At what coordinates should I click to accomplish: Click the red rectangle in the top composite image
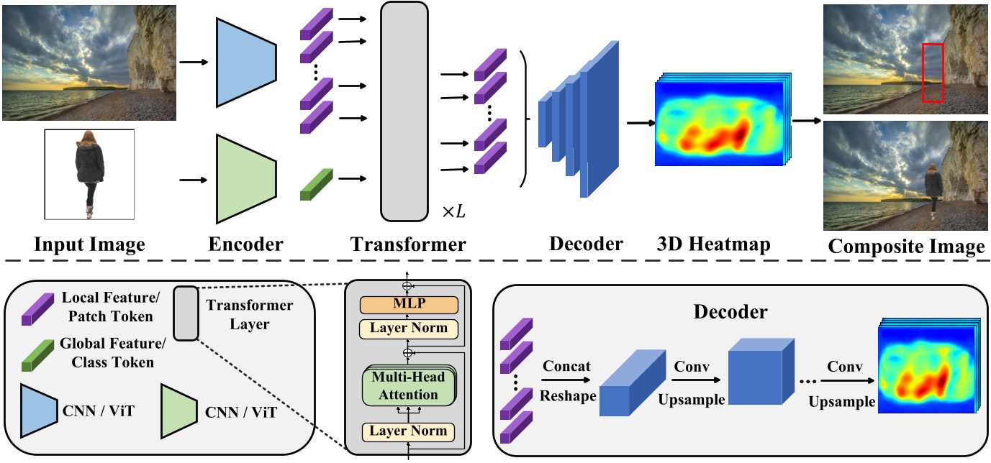(933, 73)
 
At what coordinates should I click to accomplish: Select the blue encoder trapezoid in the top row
(245, 62)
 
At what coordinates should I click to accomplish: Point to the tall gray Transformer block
(404, 111)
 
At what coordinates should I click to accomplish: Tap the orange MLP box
(408, 305)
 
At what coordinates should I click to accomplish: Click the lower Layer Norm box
(408, 431)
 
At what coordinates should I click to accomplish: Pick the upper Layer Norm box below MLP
(408, 329)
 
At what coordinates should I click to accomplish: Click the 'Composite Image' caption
(906, 247)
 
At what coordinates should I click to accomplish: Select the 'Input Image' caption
(89, 244)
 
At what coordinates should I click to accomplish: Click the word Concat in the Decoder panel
(566, 366)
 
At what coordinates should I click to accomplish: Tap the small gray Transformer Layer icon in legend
(184, 313)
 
